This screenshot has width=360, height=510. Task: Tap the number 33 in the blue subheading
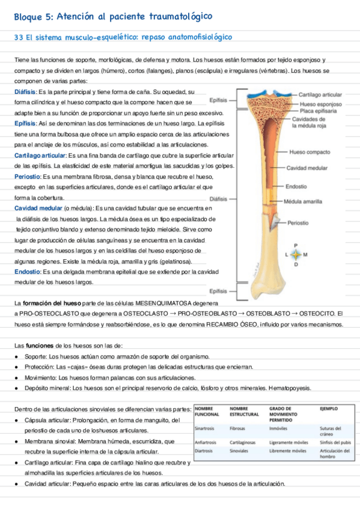tap(18, 38)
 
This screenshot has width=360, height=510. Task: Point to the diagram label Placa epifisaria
tap(318, 111)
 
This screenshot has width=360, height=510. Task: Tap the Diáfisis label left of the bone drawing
tap(218, 198)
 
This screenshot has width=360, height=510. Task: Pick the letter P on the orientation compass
tap(295, 245)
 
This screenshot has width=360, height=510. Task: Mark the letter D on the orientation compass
tap(295, 265)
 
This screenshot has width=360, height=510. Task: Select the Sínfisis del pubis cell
tap(336, 442)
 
